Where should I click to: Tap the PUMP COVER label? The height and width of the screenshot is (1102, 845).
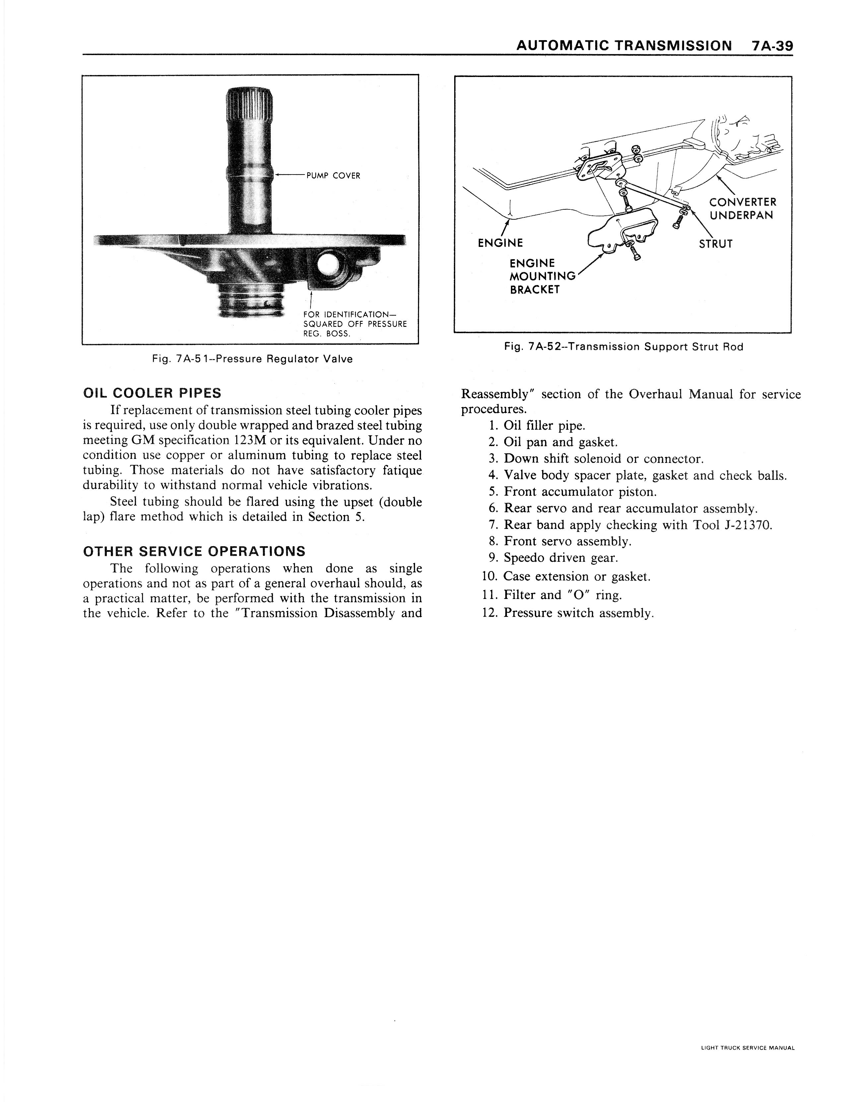(x=333, y=176)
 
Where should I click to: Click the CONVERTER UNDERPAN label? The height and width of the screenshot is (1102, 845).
(x=742, y=209)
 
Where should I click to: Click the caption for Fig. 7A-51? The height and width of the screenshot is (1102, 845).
(x=252, y=359)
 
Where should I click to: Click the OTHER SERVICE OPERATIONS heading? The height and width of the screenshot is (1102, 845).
(x=194, y=551)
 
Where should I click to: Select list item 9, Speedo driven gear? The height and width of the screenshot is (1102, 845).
(x=560, y=558)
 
